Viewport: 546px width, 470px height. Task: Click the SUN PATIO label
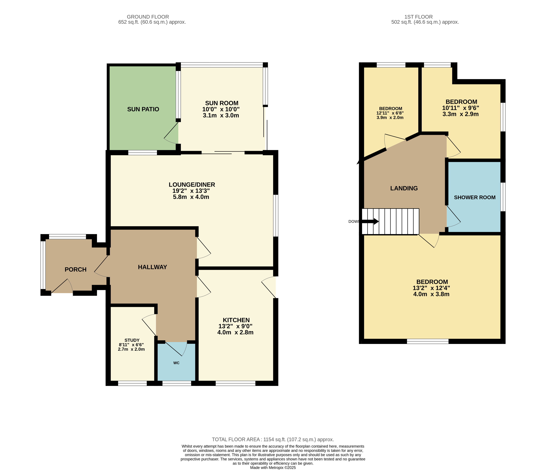[143, 109]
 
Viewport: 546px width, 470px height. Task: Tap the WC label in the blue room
[176, 363]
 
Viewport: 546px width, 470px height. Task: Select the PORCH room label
[76, 269]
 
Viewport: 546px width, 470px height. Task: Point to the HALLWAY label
[152, 267]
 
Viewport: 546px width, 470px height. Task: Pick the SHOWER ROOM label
[475, 197]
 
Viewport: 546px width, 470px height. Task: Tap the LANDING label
[404, 188]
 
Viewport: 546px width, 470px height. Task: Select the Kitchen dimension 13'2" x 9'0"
[235, 326]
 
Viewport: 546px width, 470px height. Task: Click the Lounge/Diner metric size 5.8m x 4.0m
[191, 197]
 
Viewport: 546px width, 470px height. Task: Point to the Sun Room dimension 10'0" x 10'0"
[221, 109]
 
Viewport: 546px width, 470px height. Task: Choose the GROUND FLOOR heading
[148, 17]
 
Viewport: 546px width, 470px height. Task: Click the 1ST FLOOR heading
[418, 17]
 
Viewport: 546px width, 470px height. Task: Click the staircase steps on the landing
[390, 221]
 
